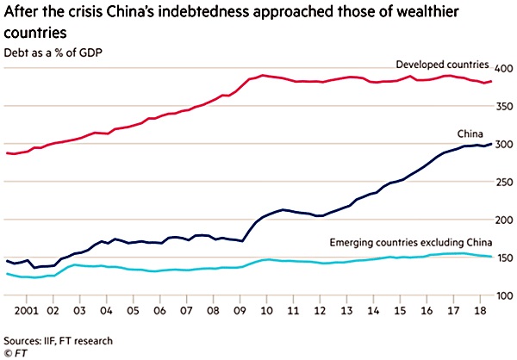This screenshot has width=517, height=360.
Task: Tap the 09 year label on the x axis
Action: tap(240, 310)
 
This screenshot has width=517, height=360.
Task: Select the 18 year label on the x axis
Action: tap(481, 310)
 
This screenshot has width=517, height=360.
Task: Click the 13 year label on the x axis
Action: tap(347, 310)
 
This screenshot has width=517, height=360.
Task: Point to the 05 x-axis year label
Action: tap(134, 310)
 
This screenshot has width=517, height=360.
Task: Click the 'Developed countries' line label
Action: tap(442, 65)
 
